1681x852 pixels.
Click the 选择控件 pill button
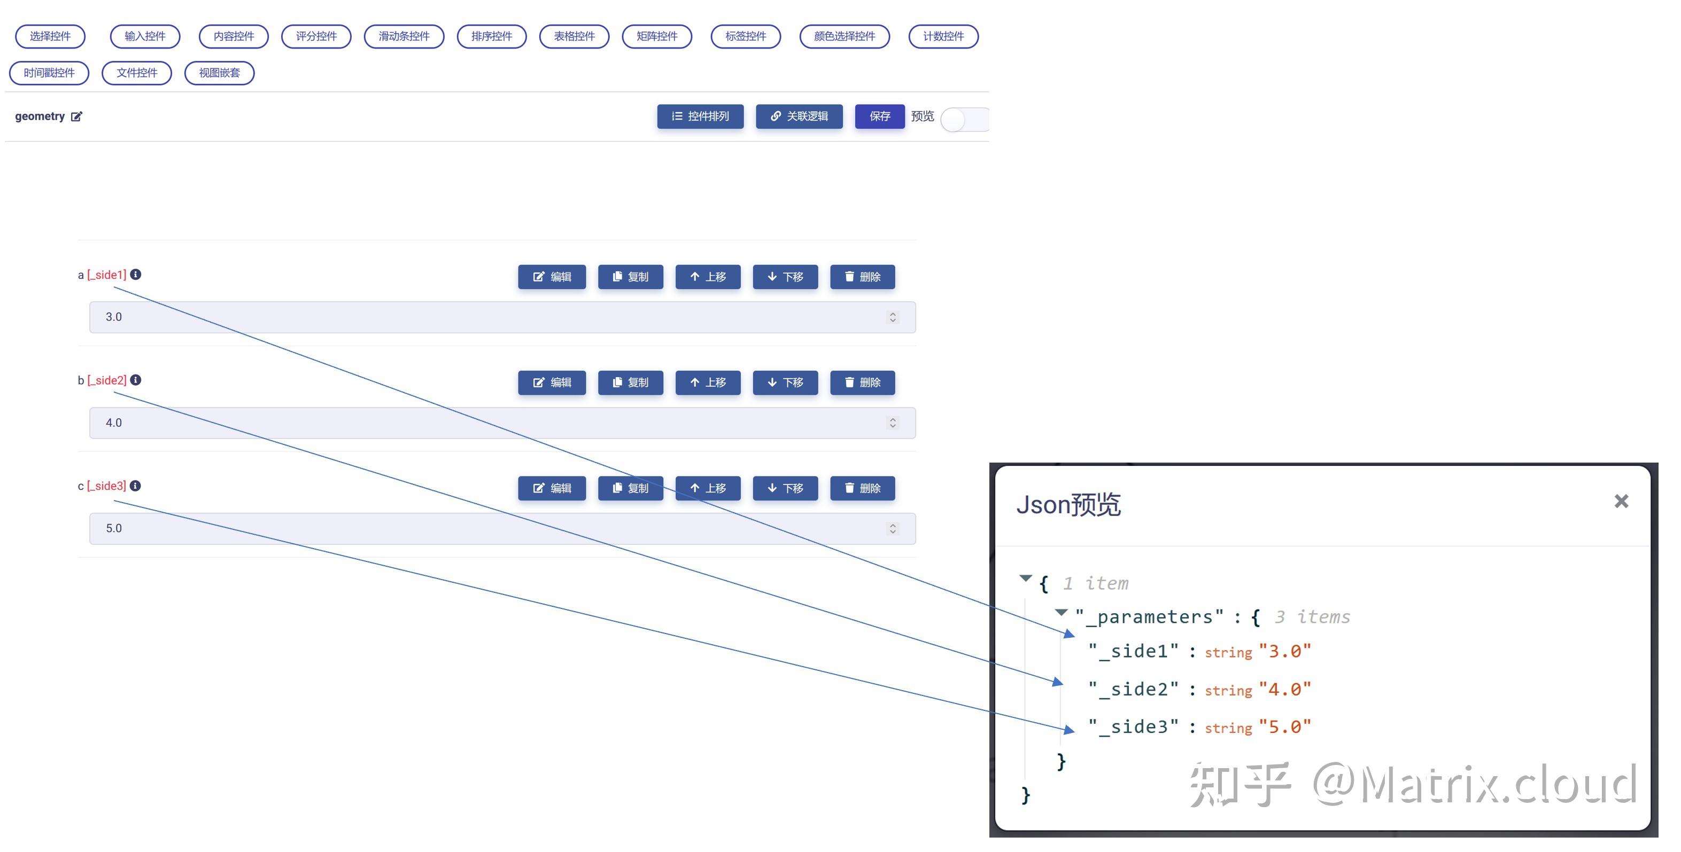point(50,36)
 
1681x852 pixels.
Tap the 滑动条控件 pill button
point(404,36)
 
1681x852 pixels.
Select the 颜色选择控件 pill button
point(844,36)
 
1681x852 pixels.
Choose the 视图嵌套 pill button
point(219,73)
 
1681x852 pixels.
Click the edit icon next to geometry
point(77,117)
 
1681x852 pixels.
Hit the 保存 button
point(879,116)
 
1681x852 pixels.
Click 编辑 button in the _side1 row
point(552,277)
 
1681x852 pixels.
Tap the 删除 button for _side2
point(862,382)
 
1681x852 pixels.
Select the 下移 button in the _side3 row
point(785,488)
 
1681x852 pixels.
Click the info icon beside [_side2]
point(136,380)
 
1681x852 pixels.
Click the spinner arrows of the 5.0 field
point(892,528)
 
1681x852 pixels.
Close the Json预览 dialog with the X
point(1621,501)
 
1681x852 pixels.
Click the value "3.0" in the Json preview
point(1284,651)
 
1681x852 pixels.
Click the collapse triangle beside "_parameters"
point(1061,612)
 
